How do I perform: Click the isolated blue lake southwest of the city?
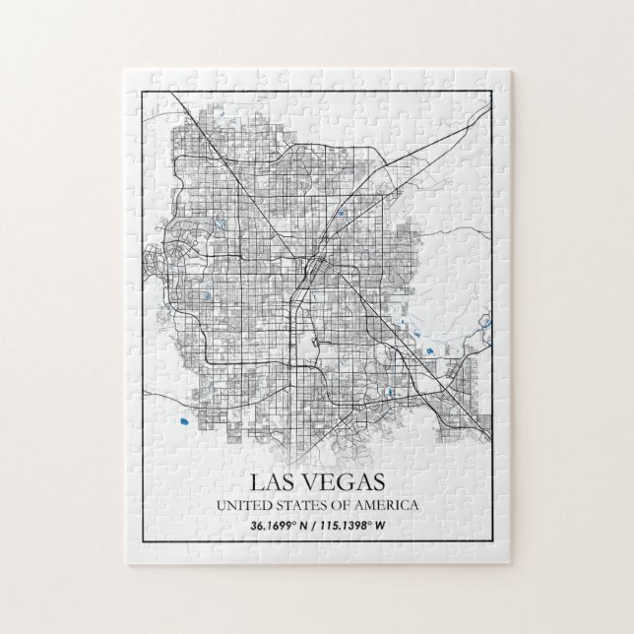[x=183, y=425]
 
